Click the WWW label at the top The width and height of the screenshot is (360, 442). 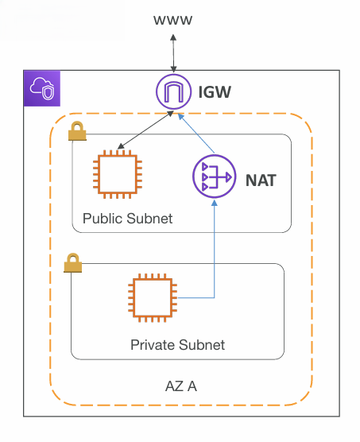172,21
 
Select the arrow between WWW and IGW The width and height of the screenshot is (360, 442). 173,53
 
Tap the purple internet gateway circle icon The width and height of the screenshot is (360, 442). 174,91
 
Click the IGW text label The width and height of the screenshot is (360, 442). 215,92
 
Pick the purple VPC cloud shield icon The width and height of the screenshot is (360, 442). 42,88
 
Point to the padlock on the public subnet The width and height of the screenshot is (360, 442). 77,131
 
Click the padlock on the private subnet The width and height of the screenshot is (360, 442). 72,262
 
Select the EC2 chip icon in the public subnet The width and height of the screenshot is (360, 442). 118,174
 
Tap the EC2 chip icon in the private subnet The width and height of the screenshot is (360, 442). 153,297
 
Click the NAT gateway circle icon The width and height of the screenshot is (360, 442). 214,176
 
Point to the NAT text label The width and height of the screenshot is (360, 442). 261,180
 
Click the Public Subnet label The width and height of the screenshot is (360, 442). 127,219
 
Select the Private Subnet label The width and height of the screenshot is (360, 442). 177,345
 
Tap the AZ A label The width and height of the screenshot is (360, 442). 181,386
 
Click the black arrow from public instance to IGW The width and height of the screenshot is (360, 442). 145,130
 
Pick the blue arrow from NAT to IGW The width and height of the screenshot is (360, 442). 196,134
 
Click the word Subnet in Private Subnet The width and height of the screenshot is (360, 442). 202,345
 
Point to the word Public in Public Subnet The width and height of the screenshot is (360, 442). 103,219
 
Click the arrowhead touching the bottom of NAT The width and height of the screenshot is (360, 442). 215,203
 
